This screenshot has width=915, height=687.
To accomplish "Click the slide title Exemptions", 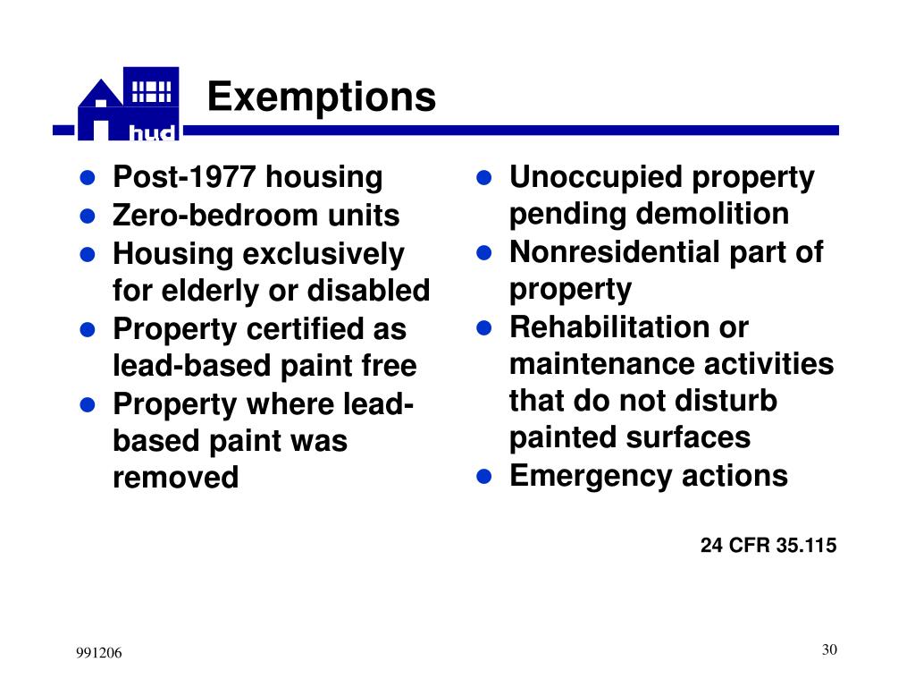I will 322,97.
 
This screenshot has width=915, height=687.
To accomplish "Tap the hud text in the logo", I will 155,133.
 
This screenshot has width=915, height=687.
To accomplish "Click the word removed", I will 175,478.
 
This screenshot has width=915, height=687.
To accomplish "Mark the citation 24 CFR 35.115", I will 768,546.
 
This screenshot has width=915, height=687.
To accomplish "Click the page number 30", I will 829,649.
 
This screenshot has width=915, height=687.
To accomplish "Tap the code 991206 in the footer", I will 97,654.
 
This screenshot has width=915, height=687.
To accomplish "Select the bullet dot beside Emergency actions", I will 484,476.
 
